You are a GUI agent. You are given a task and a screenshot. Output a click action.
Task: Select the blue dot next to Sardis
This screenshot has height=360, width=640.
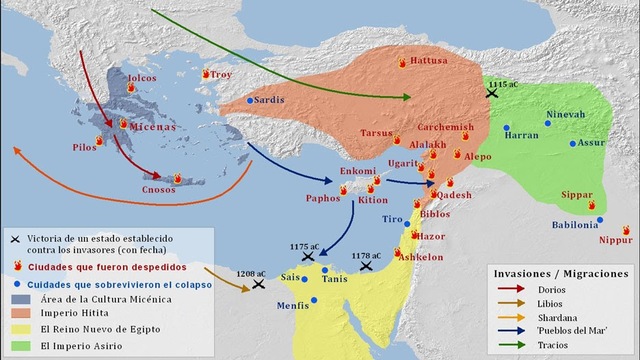click(x=250, y=101)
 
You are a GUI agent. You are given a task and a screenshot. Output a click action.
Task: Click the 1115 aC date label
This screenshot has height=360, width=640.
click(x=503, y=84)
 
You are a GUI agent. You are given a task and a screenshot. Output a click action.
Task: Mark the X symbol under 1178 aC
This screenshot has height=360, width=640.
click(x=366, y=267)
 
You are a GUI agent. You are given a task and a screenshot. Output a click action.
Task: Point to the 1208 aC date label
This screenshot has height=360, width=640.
click(x=250, y=273)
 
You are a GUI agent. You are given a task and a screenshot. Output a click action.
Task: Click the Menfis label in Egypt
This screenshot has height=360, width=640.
click(x=291, y=306)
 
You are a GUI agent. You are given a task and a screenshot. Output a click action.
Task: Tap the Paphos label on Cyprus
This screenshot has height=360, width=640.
click(x=322, y=198)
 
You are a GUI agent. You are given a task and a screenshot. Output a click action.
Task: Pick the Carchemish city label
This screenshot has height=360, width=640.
click(x=444, y=128)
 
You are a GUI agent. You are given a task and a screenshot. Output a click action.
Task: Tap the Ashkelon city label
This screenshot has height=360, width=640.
click(x=420, y=257)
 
